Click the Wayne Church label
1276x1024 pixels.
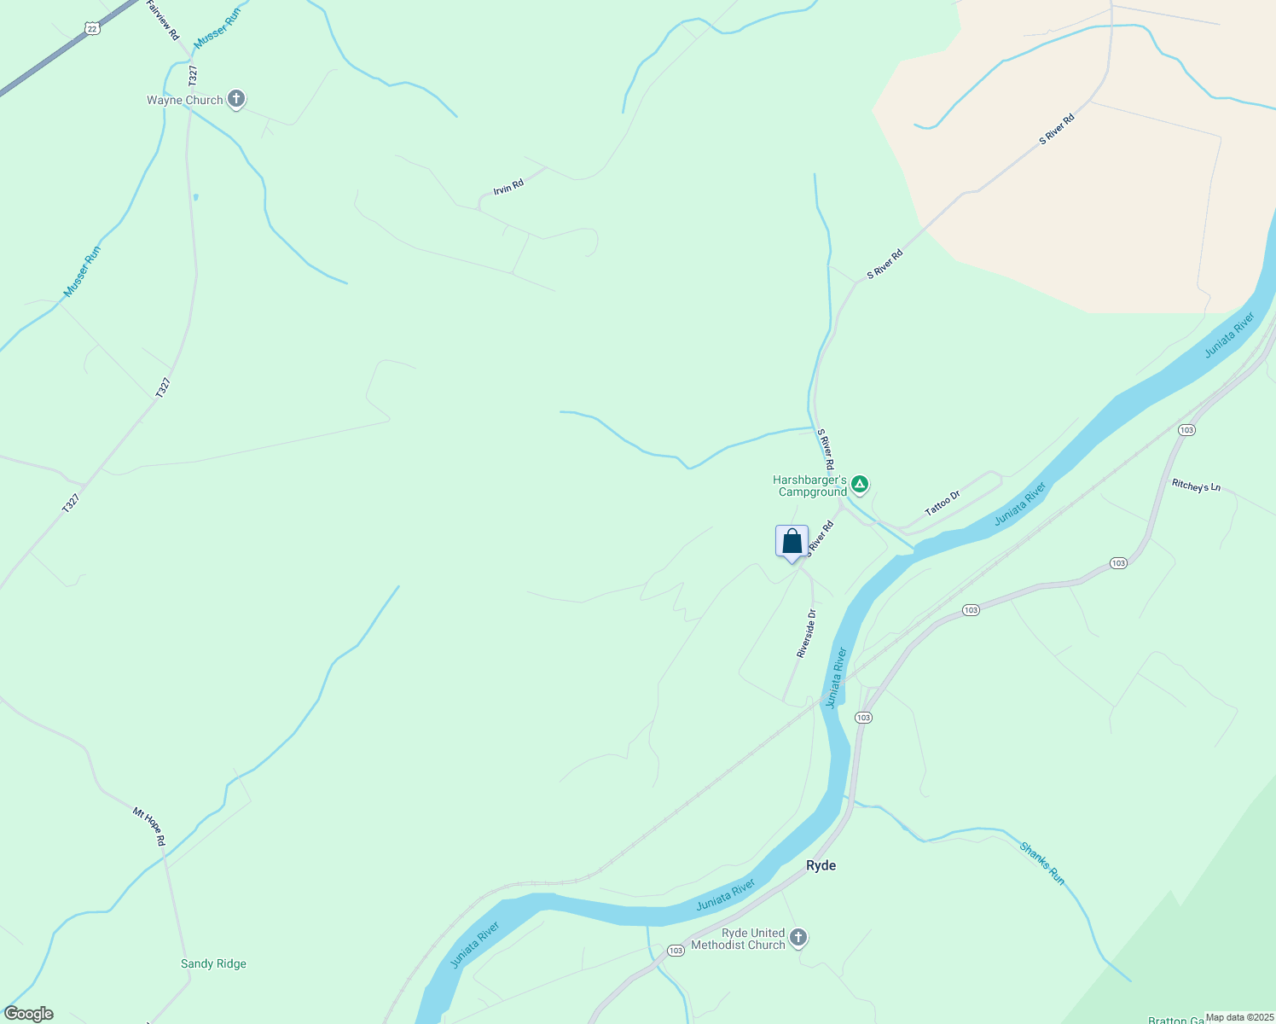coord(184,100)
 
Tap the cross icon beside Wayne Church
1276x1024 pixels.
coord(237,100)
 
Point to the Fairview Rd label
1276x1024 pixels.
coord(162,19)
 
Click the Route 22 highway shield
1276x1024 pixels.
coord(92,29)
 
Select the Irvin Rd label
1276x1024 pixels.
coord(508,186)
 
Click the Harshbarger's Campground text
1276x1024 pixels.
coord(809,486)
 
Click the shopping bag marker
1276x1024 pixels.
coord(792,542)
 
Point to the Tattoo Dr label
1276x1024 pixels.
coord(942,503)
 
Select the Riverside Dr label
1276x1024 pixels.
coord(807,632)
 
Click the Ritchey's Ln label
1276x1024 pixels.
coord(1196,486)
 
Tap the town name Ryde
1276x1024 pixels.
coord(821,865)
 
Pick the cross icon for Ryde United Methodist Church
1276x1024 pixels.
coord(798,939)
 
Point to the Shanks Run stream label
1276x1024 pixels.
coord(1042,863)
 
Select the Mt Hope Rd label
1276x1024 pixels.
coord(149,826)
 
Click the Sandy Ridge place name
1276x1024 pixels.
coord(213,963)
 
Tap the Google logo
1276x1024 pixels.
coord(29,1014)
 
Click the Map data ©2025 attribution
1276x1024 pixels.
coord(1239,1017)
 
